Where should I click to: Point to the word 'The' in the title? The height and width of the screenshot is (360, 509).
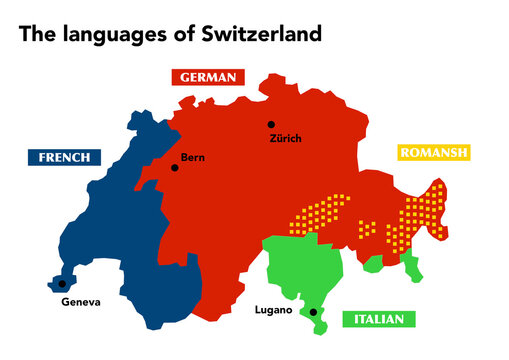point(37,35)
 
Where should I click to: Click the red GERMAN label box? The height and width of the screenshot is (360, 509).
point(208,77)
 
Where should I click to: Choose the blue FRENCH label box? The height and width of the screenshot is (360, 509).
point(64,157)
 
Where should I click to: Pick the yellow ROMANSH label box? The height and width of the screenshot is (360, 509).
point(432,153)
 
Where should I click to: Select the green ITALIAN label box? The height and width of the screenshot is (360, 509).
point(378,319)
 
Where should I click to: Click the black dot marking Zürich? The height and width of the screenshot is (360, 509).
point(270,125)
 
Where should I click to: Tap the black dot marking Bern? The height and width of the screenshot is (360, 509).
point(175,167)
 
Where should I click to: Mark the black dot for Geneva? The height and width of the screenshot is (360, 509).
point(61,284)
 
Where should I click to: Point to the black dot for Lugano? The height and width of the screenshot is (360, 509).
point(313,312)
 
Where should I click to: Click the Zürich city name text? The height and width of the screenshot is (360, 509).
point(285,138)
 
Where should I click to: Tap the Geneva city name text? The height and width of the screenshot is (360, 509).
point(80,302)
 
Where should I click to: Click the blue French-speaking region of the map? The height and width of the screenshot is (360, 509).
point(110,240)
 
